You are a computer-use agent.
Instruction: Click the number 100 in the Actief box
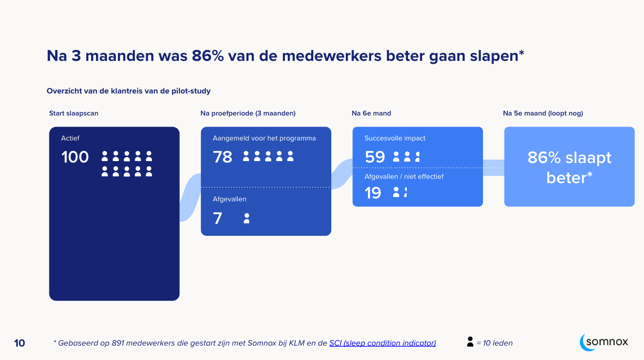point(75,157)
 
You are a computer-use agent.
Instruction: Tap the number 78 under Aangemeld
point(222,157)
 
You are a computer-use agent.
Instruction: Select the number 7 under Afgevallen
point(218,219)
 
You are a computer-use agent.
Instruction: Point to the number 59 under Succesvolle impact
point(375,157)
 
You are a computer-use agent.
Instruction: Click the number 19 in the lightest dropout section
point(373,193)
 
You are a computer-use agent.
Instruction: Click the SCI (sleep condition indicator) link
point(382,343)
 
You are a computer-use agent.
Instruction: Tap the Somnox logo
point(604,342)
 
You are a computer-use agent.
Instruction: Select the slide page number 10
point(19,343)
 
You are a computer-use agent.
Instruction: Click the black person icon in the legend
point(470,342)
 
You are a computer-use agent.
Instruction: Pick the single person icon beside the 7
point(246,219)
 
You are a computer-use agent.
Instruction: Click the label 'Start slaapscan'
point(73,113)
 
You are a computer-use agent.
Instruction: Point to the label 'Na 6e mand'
point(371,113)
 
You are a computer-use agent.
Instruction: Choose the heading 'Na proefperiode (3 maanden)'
point(248,113)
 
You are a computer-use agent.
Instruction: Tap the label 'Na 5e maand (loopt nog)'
point(543,113)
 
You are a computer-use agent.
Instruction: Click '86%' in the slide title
point(208,56)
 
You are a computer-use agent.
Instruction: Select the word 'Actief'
point(70,138)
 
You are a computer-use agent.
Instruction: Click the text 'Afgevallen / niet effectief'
point(404,176)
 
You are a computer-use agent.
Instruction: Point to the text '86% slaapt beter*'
point(569,167)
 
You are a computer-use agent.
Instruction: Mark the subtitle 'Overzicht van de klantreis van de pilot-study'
point(129,91)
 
